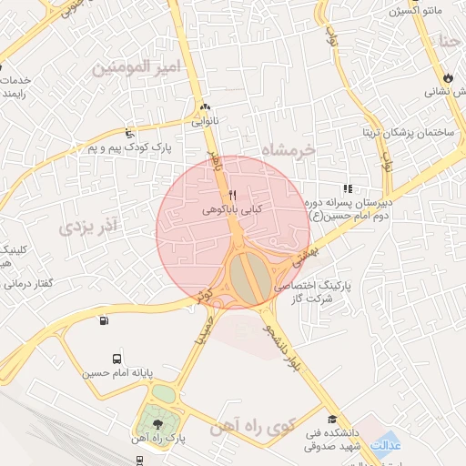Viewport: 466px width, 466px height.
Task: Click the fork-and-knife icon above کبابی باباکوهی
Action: pos(232,195)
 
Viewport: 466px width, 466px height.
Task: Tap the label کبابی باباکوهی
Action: pos(231,209)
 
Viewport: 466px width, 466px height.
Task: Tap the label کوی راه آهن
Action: pos(248,428)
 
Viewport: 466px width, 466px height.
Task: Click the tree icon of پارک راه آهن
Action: pos(160,424)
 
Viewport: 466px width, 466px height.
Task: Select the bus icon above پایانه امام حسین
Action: pos(117,359)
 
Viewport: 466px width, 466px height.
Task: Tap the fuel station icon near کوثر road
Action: pos(103,320)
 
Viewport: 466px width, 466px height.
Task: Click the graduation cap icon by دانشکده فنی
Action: pos(333,420)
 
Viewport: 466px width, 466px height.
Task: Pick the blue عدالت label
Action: pos(387,445)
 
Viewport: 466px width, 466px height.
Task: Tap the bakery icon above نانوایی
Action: pos(205,106)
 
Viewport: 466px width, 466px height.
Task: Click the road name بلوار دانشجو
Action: pos(277,347)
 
